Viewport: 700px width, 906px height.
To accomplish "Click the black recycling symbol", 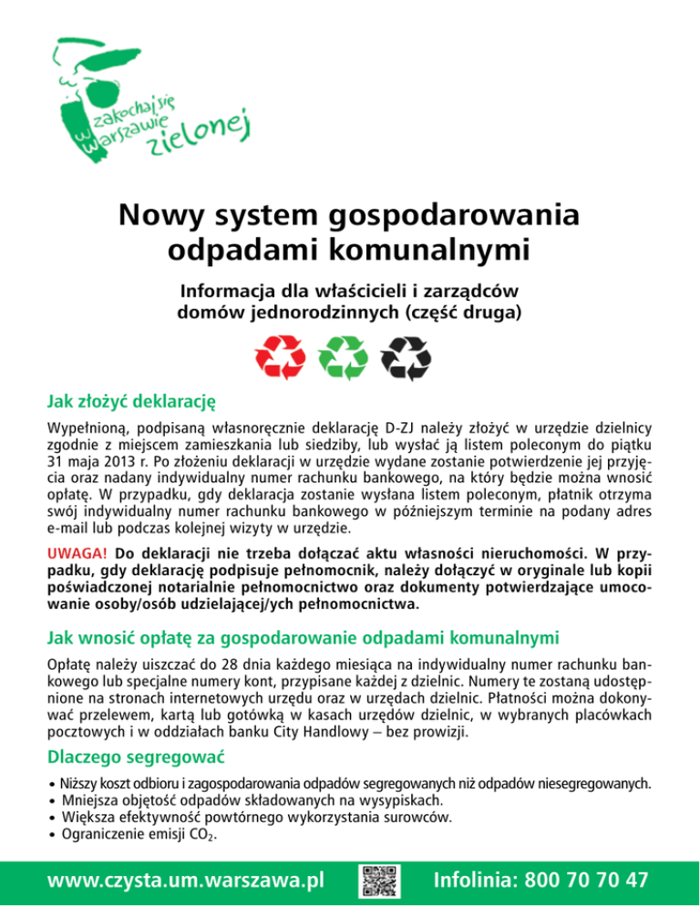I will coord(406,357).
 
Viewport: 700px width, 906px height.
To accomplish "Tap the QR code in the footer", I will coord(376,880).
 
